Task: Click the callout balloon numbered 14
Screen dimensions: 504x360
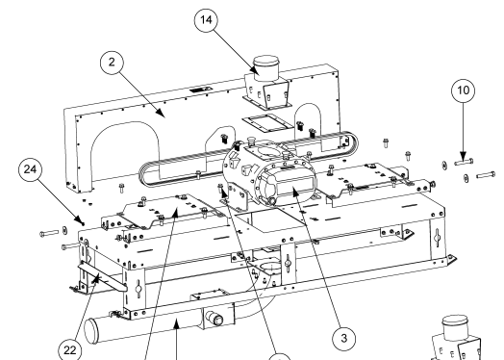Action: point(206,20)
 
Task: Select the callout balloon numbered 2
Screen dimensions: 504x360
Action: point(112,63)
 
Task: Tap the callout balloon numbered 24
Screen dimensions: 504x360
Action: point(30,169)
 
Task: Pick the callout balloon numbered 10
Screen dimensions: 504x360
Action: point(464,90)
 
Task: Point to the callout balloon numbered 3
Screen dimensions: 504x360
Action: point(344,338)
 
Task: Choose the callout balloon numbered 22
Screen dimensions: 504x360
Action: point(70,350)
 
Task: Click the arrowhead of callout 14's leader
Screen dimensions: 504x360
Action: point(256,71)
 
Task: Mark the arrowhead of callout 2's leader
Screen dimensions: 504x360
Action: point(162,114)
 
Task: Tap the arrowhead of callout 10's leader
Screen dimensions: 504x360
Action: point(464,156)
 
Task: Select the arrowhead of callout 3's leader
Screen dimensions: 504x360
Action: point(294,193)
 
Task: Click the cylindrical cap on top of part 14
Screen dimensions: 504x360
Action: point(265,68)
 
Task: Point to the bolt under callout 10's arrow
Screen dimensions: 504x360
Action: point(464,163)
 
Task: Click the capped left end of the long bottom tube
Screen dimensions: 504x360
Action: point(90,329)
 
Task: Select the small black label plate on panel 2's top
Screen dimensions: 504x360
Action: point(201,90)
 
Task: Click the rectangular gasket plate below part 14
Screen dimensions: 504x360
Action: point(267,123)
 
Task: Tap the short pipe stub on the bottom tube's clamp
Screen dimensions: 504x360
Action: point(214,318)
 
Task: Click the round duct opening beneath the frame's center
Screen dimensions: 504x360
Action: point(270,268)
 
